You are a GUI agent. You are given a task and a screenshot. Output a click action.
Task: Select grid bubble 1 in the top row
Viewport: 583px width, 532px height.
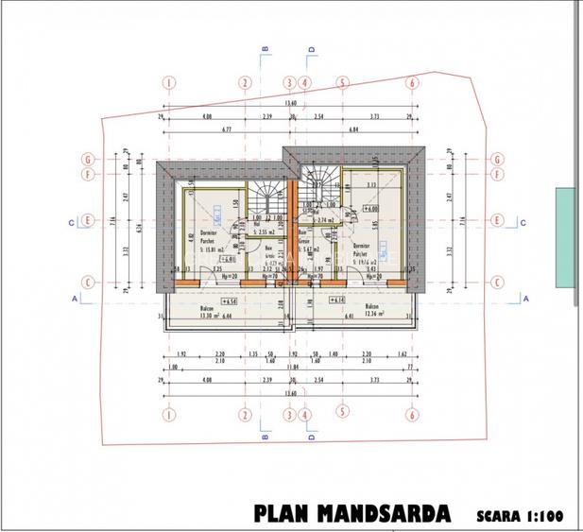pos(168,83)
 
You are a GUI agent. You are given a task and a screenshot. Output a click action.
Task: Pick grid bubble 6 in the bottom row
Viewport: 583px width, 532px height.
pos(412,414)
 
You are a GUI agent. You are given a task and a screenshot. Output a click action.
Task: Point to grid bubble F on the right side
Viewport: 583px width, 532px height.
pos(498,174)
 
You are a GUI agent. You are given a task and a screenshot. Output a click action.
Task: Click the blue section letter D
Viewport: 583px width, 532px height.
pos(310,438)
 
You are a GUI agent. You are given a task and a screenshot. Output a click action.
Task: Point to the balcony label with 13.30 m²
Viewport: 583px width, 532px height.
pos(207,313)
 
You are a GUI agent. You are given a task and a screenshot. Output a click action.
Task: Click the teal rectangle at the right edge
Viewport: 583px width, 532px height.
pos(568,238)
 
